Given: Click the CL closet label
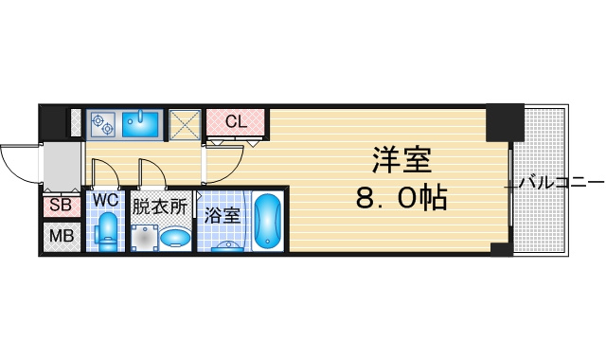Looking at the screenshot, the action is point(236,122).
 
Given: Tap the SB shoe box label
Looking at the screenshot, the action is point(61,205).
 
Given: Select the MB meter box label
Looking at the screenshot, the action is point(62,236).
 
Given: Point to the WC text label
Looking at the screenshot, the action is point(105,200).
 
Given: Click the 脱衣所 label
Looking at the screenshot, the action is point(160,207).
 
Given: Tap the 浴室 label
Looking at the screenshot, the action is point(223,215).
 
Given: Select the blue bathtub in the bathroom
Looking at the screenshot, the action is point(268,221).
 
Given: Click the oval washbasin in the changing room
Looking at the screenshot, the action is point(175,237).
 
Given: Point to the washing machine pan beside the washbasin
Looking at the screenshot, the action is point(145,238).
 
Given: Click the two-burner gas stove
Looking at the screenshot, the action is point(102,123).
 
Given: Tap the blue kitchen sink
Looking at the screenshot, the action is point(141,124).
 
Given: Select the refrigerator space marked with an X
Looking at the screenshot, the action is point(186,124).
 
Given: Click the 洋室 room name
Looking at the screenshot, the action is point(401,160).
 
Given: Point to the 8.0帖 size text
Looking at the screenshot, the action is point(401,197).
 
